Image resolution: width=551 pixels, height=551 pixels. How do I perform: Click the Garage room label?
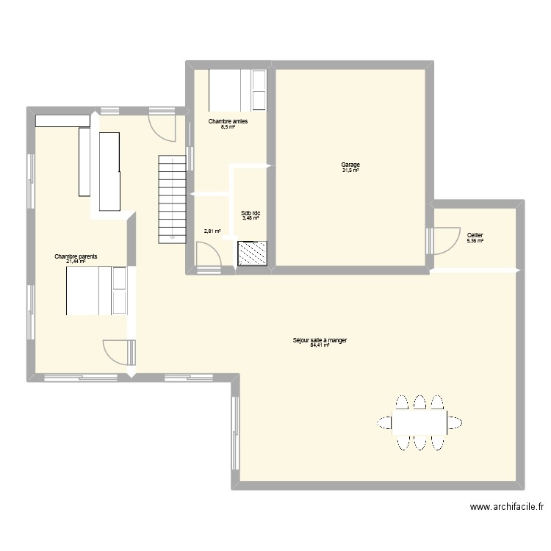pos(350,165)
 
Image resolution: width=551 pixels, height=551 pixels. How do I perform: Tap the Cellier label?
pos(475,235)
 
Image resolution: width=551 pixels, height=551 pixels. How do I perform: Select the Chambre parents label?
pos(76,256)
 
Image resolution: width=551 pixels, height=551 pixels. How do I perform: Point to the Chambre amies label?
pos(228,121)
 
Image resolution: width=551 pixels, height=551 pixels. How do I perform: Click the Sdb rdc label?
pos(251,213)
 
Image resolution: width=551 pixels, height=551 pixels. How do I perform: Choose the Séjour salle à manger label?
pos(320,340)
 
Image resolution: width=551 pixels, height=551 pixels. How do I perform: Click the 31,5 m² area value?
pos(350,170)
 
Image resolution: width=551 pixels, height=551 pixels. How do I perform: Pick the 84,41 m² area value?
pos(320,345)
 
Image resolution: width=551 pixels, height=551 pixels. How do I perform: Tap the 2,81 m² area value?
pos(212,231)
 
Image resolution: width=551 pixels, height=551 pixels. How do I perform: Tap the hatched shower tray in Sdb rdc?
pos(252,253)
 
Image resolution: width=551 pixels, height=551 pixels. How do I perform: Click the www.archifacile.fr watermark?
pos(508,507)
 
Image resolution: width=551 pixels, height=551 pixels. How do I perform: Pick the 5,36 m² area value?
pos(475,240)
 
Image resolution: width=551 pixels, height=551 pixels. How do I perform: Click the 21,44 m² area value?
pos(76,262)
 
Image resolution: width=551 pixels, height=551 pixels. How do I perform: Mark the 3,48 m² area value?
pos(251,218)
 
